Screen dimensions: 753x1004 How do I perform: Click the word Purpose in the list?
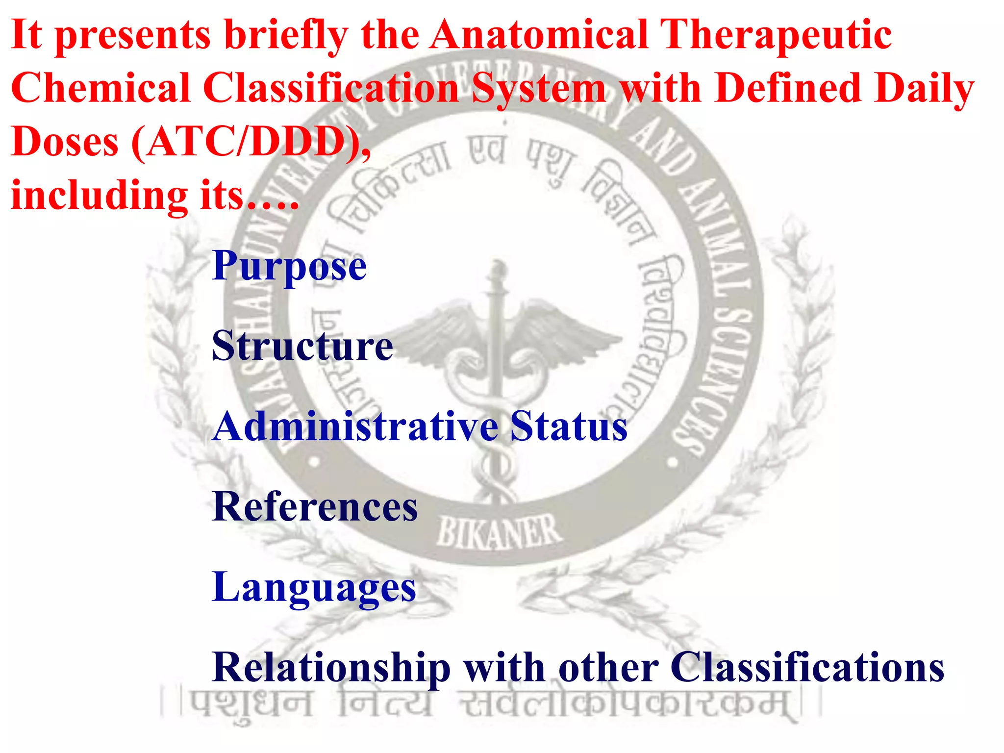tap(289, 267)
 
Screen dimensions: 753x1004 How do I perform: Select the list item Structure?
tap(302, 346)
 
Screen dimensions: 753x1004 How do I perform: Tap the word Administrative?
tap(356, 427)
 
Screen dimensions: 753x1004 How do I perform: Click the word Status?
tap(569, 427)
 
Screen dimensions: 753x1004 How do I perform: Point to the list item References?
tap(315, 507)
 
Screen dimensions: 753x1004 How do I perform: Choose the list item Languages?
tap(314, 587)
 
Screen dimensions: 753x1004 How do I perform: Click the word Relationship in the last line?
tap(331, 668)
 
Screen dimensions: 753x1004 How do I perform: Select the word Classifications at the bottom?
tap(807, 668)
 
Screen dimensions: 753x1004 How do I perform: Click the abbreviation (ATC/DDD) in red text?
tap(251, 142)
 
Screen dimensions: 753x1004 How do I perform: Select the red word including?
tap(100, 195)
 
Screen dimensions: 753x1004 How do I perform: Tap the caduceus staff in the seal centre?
tap(496, 343)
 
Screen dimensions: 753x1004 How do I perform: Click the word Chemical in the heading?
tap(100, 88)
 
